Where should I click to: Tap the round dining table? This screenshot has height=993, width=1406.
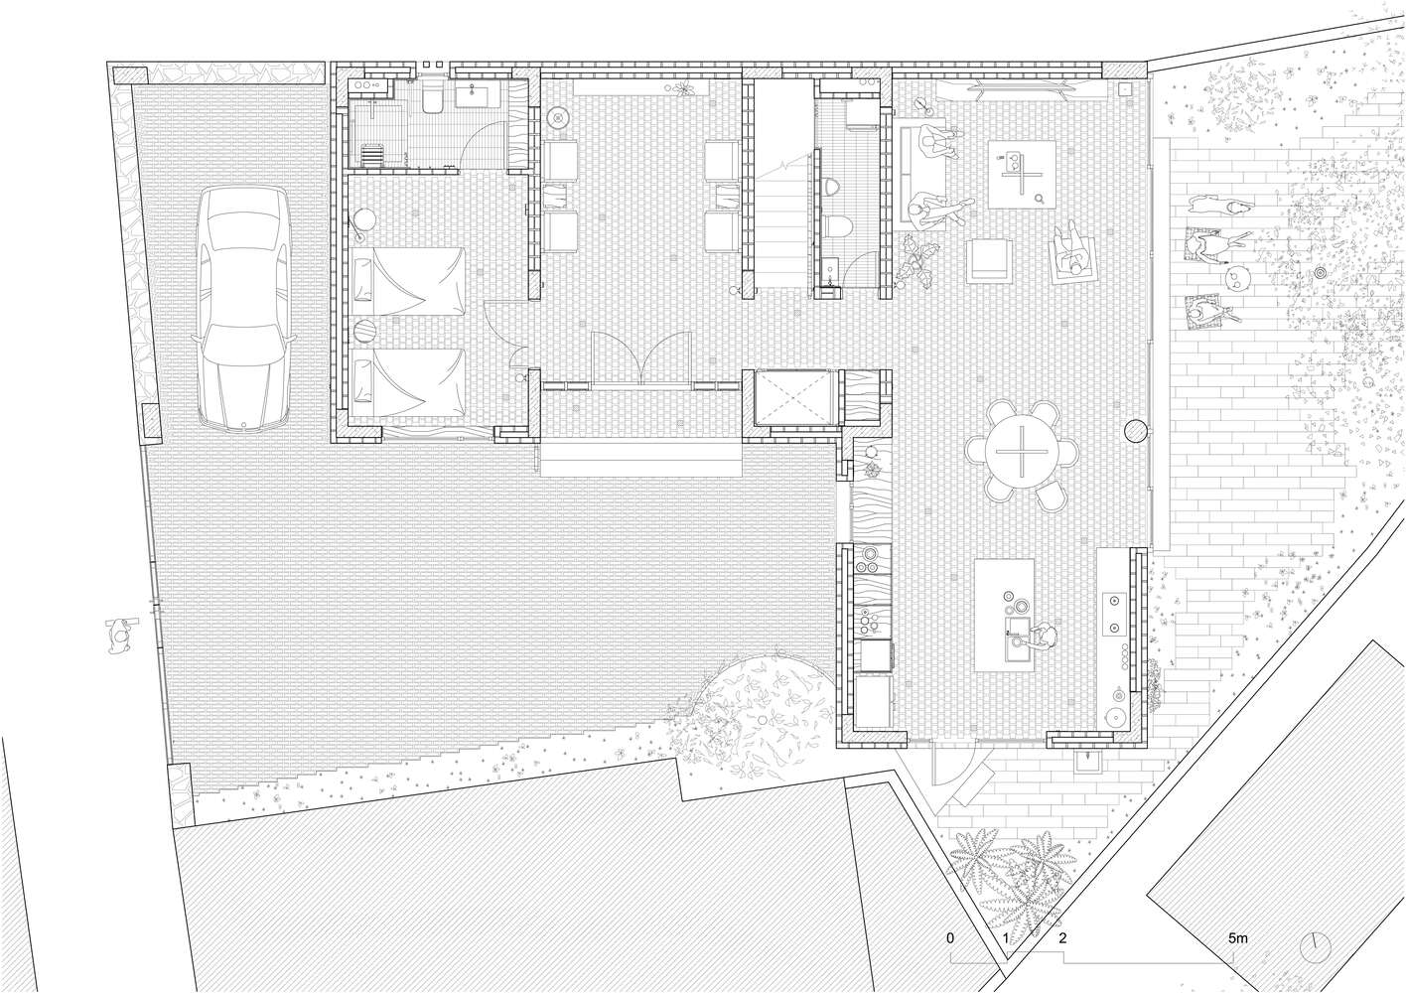(1021, 451)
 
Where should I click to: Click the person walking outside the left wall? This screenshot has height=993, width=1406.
(120, 636)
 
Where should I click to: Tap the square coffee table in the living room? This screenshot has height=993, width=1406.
(1022, 175)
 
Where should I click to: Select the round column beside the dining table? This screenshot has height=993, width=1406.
(1136, 431)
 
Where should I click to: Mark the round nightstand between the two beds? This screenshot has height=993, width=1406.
(364, 330)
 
